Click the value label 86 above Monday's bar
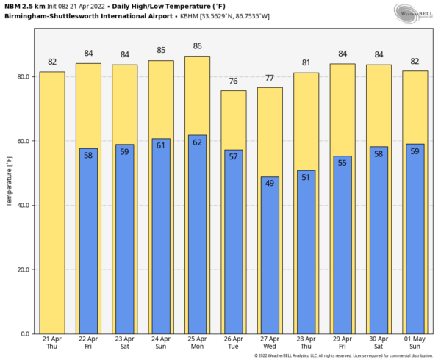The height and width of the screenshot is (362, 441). tap(197, 46)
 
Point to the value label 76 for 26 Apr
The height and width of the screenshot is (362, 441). tap(234, 81)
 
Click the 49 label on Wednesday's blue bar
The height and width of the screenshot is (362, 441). tap(270, 183)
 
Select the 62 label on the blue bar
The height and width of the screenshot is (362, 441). tap(197, 142)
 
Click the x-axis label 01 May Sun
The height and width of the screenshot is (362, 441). tap(415, 343)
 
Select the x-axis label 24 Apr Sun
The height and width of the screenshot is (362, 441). tap(161, 343)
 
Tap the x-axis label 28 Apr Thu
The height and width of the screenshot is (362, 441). tap(306, 343)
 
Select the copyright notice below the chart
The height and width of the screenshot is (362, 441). tap(343, 356)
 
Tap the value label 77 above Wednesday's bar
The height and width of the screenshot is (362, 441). tap(270, 78)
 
